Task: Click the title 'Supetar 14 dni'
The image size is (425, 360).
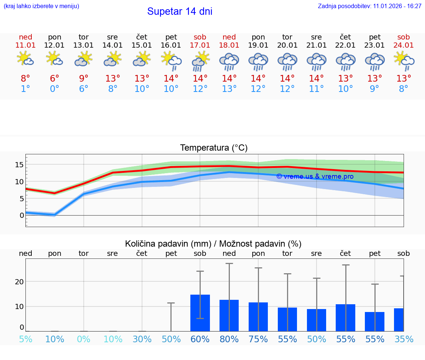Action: tap(180, 11)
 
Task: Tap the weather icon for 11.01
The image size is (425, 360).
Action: tap(25, 59)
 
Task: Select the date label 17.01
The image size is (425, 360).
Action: tap(200, 45)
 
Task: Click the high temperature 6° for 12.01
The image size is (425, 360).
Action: tap(55, 79)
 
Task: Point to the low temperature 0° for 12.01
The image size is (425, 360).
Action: tap(55, 89)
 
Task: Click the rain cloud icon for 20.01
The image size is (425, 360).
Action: tap(287, 61)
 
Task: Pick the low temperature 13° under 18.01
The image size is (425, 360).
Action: tap(229, 89)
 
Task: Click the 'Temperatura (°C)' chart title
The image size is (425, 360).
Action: tap(214, 148)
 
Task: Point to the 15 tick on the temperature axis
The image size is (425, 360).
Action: tap(19, 165)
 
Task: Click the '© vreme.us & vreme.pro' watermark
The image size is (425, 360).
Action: tap(315, 176)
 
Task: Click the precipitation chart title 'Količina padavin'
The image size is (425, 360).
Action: tap(213, 244)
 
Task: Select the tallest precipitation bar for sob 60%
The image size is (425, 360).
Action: tap(200, 313)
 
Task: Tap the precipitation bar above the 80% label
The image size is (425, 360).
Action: tap(229, 315)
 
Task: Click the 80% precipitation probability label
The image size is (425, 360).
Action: tap(229, 339)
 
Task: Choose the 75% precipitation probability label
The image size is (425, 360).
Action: tap(258, 339)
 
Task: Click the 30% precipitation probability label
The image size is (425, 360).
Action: tap(142, 339)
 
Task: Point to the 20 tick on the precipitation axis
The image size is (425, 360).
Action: tap(19, 282)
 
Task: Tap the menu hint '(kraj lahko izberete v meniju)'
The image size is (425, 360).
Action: tap(41, 6)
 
